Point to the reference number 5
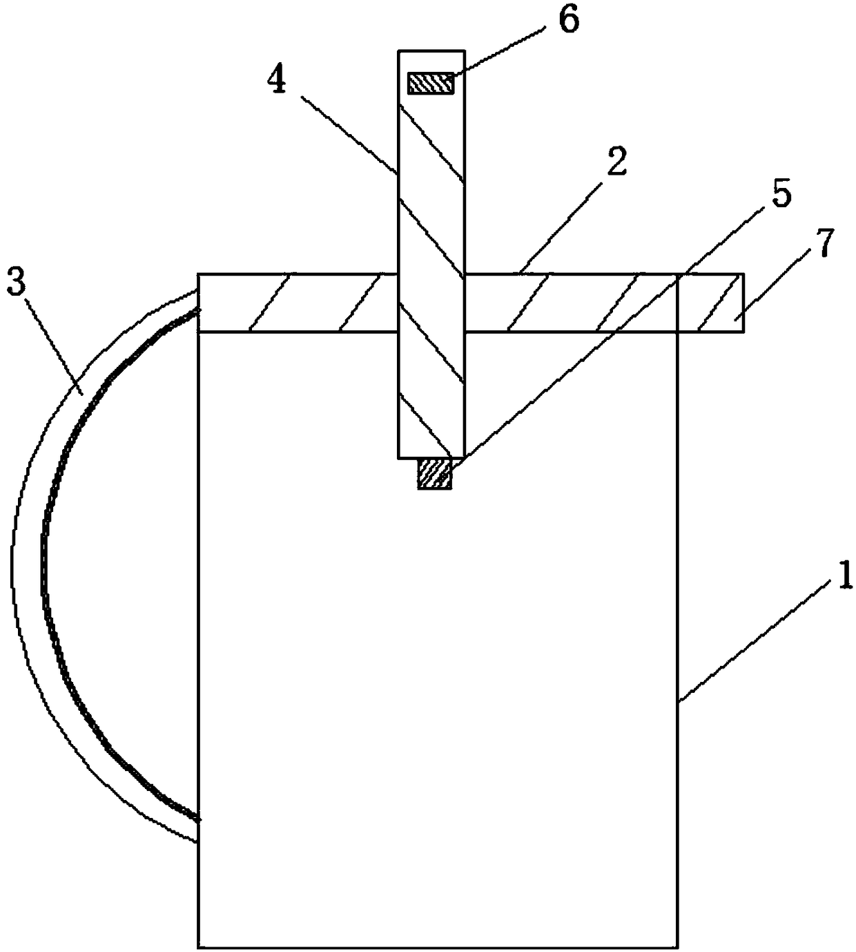coord(780,196)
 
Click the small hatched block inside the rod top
coord(431,84)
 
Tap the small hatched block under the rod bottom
coord(434,475)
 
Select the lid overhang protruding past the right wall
coord(711,303)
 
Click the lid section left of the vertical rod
coord(297,303)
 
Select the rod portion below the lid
coord(431,394)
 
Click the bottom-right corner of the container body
coord(677,947)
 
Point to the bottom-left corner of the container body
coord(198,947)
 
